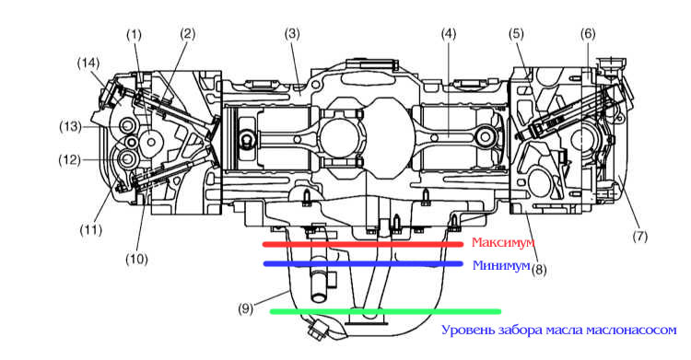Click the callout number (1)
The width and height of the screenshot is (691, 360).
click(134, 35)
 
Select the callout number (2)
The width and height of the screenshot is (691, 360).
click(187, 34)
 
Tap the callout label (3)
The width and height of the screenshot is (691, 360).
click(292, 34)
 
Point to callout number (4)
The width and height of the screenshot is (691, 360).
click(448, 34)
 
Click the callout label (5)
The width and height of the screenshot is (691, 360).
click(516, 34)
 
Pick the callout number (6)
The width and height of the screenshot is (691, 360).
click(588, 34)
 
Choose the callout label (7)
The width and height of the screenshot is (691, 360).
click(640, 237)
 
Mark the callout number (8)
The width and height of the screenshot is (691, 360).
click(539, 269)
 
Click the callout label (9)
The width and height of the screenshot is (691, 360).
click(245, 308)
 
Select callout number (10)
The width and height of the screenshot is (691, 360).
click(136, 259)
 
